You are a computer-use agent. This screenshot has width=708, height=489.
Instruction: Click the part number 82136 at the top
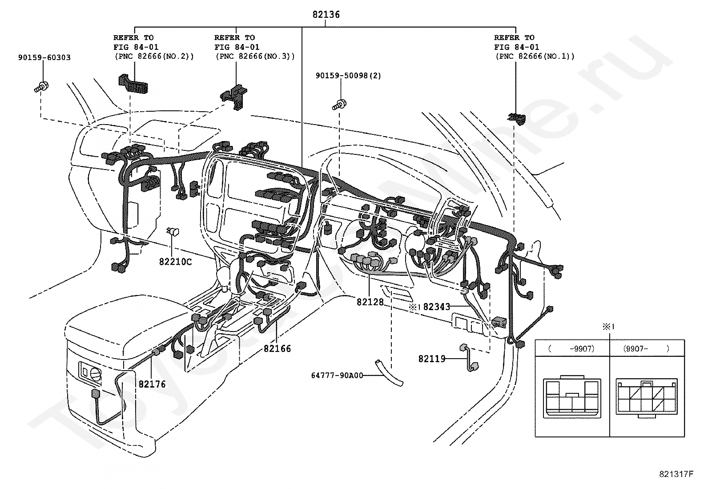(326, 15)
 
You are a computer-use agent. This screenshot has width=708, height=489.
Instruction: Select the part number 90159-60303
(44, 57)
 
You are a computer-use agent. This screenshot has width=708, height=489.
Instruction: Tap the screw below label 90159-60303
(41, 87)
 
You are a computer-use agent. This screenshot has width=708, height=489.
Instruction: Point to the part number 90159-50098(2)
(348, 76)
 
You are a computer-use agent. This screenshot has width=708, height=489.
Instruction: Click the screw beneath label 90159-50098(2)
(339, 105)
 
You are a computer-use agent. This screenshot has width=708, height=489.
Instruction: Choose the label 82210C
(175, 262)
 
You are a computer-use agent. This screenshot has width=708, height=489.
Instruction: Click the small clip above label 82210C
(173, 232)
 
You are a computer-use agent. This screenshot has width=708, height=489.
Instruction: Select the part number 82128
(370, 302)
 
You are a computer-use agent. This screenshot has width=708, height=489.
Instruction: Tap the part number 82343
(436, 307)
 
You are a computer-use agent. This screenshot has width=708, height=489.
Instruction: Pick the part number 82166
(277, 348)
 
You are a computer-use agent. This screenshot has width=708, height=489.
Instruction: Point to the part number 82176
(152, 384)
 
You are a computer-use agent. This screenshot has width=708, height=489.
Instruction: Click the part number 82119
(432, 359)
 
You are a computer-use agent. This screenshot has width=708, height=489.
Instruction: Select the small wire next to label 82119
(469, 357)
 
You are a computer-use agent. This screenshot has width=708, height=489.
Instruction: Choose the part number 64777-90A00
(337, 376)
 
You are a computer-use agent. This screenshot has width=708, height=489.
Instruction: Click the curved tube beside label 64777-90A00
(389, 373)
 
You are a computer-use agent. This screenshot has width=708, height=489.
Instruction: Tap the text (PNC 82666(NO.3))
(255, 57)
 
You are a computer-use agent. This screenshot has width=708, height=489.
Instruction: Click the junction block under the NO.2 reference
(133, 84)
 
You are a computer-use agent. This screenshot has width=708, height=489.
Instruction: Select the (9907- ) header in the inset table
(647, 348)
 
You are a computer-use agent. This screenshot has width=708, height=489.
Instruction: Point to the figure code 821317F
(676, 474)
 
